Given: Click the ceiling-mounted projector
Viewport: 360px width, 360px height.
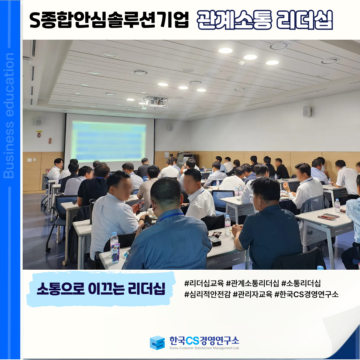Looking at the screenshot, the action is pyautogui.click(x=155, y=102).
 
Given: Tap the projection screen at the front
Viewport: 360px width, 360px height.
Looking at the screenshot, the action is pyautogui.click(x=110, y=141).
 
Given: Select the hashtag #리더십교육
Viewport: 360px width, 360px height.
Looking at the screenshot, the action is pyautogui.click(x=204, y=283).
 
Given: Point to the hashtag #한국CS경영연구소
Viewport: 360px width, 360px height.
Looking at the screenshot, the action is pyautogui.click(x=307, y=294).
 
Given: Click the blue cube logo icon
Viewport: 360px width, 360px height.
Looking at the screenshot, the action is pyautogui.click(x=157, y=343).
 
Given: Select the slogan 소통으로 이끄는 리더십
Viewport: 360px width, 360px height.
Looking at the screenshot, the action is pyautogui.click(x=101, y=288).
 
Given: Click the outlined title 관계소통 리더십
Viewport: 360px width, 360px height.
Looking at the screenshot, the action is pyautogui.click(x=265, y=20).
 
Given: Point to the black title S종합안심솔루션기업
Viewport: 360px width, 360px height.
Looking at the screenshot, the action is pyautogui.click(x=109, y=20).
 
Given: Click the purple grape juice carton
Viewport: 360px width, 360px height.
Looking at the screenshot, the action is pyautogui.click(x=115, y=253).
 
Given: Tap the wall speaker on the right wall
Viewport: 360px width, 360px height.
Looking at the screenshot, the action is pyautogui.click(x=307, y=111).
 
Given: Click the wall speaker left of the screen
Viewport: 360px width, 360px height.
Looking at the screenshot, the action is pyautogui.click(x=39, y=121).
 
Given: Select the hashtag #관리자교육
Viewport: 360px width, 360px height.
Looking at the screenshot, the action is pyautogui.click(x=252, y=294).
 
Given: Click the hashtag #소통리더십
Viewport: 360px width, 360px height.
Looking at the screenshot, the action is pyautogui.click(x=301, y=283).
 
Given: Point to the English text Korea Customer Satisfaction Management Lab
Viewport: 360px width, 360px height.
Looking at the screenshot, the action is pyautogui.click(x=204, y=348).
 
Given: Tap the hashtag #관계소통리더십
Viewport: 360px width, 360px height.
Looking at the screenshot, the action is pyautogui.click(x=252, y=283).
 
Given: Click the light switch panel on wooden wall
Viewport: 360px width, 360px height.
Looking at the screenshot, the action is pyautogui.click(x=30, y=160).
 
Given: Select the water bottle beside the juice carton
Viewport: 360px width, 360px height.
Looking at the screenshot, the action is pyautogui.click(x=114, y=241).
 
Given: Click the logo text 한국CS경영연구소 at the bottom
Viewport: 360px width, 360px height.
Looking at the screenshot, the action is pyautogui.click(x=204, y=340).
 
